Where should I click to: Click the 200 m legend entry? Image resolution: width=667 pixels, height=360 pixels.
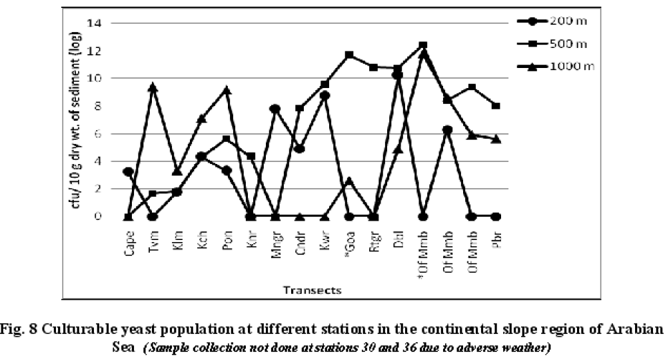click(564, 21)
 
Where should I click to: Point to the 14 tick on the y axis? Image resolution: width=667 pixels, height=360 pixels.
click(97, 23)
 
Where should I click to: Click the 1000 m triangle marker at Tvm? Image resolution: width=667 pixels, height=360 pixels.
click(153, 87)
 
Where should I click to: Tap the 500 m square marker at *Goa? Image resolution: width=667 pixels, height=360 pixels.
click(349, 55)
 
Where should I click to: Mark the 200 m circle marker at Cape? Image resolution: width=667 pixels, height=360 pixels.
click(129, 171)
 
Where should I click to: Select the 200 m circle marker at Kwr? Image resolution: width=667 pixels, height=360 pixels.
click(325, 95)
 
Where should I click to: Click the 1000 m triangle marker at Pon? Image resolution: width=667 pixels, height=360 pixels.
click(227, 90)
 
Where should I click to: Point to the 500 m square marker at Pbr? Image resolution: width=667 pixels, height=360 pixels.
click(496, 105)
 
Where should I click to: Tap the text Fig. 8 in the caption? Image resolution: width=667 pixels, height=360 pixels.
click(18, 329)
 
